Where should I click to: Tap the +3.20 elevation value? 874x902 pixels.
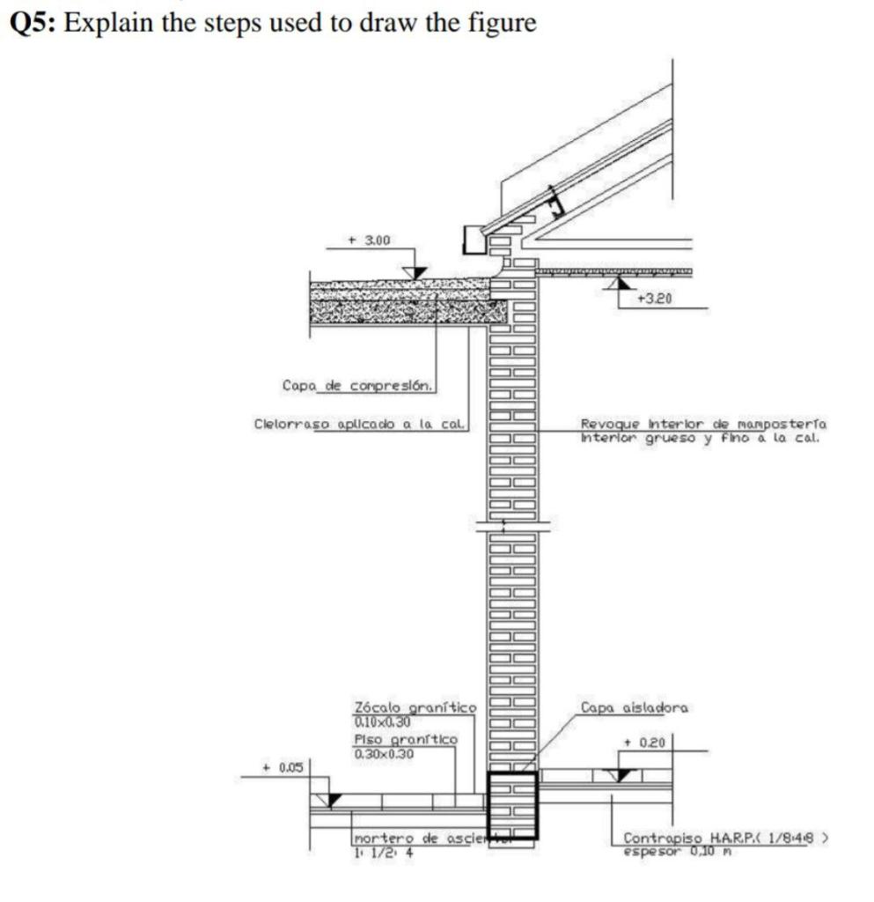(655, 299)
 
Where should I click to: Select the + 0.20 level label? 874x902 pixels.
(643, 743)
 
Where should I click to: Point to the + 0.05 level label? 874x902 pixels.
(283, 767)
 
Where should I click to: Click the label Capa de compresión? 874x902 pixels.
(357, 385)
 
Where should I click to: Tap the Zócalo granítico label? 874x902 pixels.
(414, 707)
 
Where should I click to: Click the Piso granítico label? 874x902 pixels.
(405, 739)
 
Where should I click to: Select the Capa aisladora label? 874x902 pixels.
(635, 707)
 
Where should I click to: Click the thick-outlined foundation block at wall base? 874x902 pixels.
(511, 805)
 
